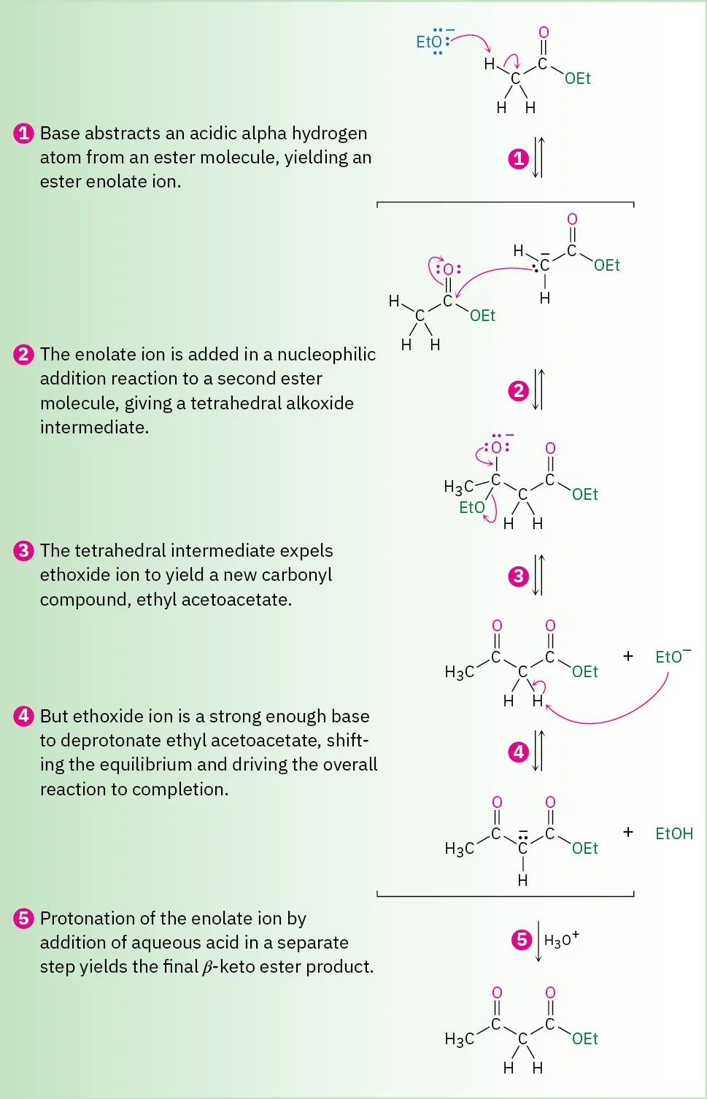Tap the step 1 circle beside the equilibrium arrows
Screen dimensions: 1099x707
tap(518, 158)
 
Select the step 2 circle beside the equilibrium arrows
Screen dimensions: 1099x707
tap(518, 391)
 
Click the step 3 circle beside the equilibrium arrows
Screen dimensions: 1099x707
tap(518, 576)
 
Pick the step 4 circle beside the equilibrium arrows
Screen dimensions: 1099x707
tap(518, 752)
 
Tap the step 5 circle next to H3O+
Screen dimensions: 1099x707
tap(522, 939)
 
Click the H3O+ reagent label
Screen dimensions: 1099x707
tap(561, 940)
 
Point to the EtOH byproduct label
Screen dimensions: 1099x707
tap(673, 833)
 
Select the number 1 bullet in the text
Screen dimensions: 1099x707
tap(23, 134)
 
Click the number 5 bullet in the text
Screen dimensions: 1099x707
tap(23, 918)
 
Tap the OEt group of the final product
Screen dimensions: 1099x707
tap(584, 1038)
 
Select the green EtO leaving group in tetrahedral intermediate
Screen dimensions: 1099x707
tap(471, 507)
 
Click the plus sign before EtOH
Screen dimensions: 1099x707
tap(627, 832)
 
